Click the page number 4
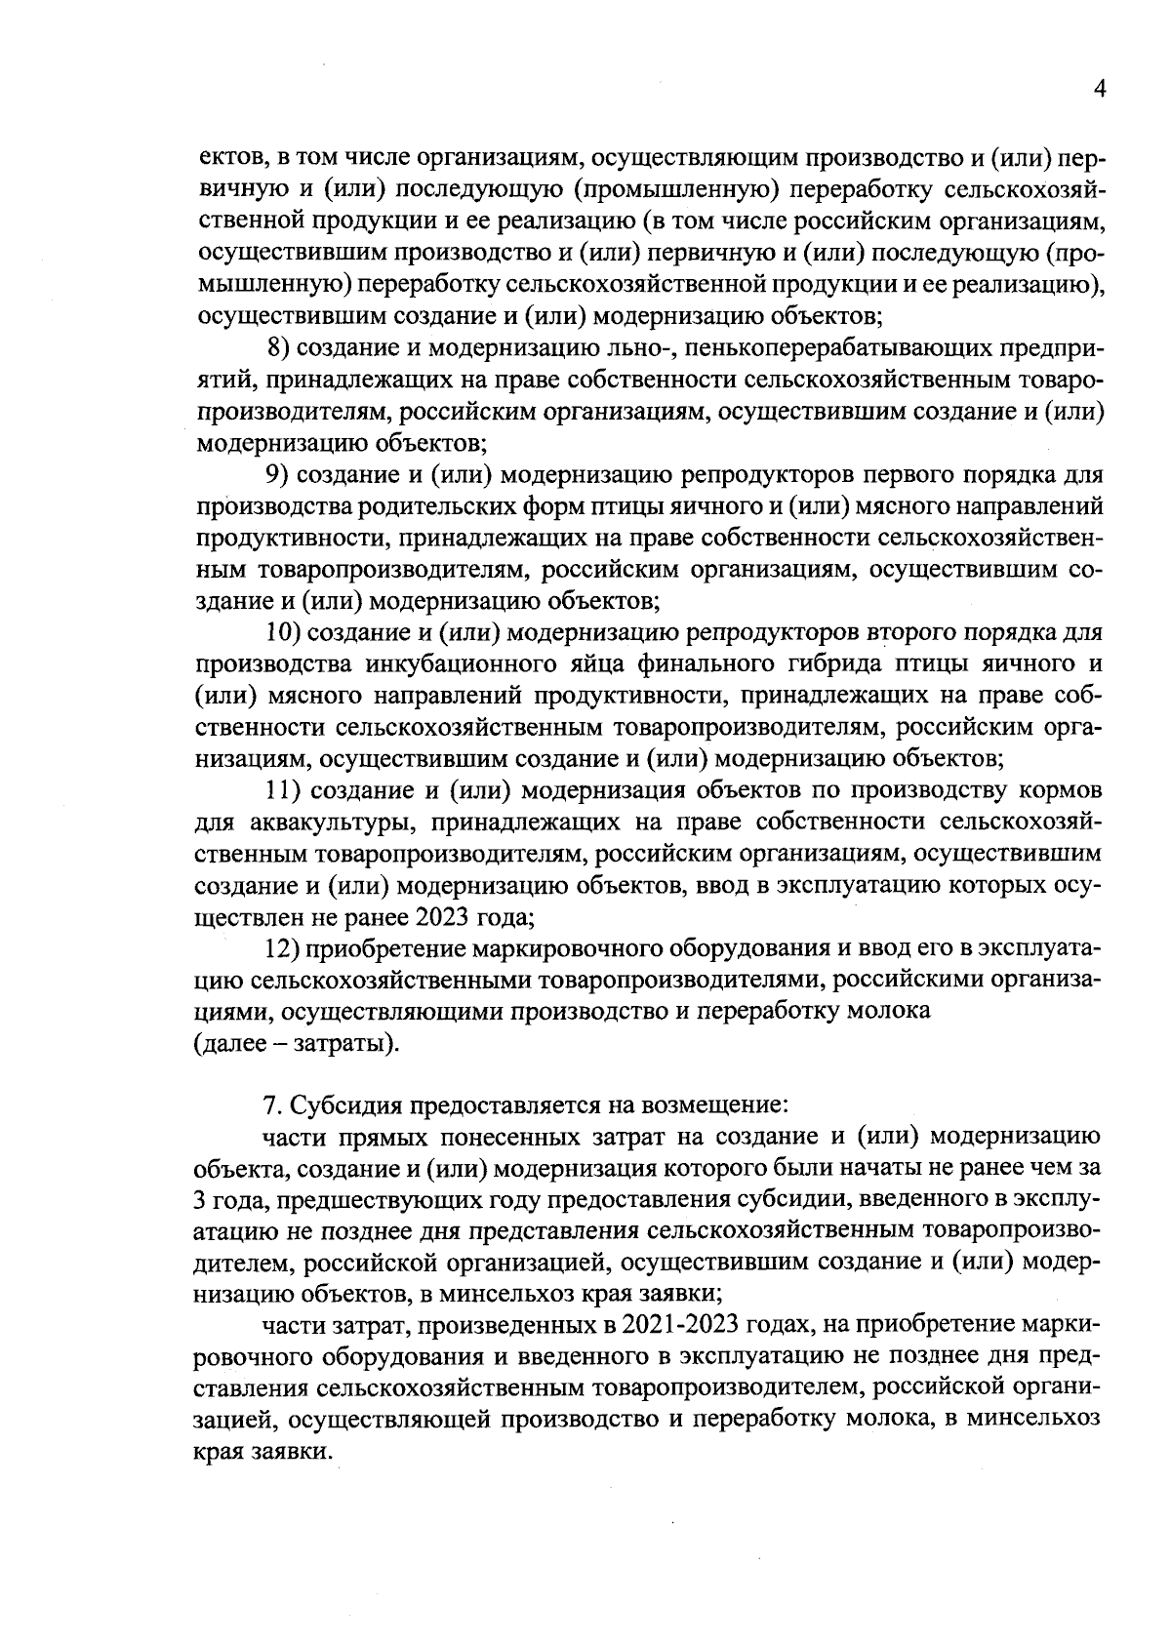1100,89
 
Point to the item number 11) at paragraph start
285,791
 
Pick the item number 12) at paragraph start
285,949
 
